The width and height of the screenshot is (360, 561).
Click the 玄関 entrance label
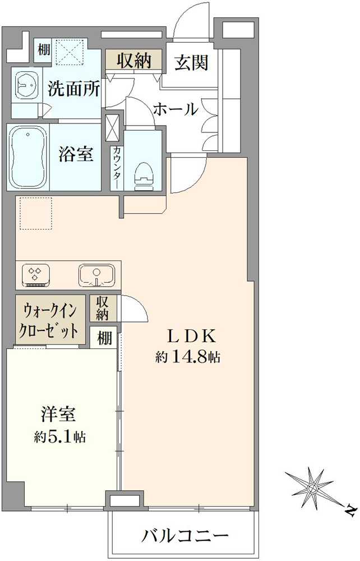pos(191,63)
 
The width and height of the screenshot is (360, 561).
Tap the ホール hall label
pos(176,109)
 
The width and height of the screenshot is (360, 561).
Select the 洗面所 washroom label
pos(74,89)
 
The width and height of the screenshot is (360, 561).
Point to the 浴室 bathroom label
pos(76,154)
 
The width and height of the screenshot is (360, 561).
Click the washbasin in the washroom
pos(26,85)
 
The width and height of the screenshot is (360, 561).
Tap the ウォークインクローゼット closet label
pos(50,320)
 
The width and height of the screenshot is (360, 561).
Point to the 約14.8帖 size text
pos(187,357)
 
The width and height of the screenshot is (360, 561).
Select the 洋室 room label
pos(58,415)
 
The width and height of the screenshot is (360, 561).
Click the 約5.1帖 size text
pos(59,436)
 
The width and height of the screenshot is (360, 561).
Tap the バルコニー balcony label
pos(184,536)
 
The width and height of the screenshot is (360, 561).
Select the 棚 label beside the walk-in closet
pos(104,337)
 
